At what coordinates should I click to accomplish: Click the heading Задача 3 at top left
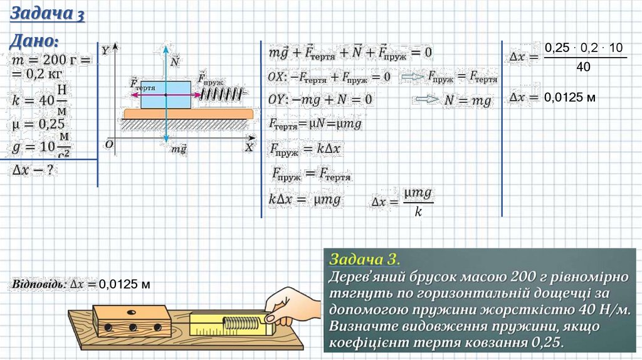tap(48, 14)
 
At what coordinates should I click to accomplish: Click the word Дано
tap(35, 42)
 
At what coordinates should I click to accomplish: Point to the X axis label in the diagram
tap(249, 147)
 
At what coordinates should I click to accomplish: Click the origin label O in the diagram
tap(109, 144)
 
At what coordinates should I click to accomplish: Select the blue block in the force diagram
tap(166, 94)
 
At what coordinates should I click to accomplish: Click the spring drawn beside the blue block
tap(221, 94)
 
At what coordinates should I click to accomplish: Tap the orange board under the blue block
tap(188, 114)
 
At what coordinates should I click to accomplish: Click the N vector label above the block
tap(174, 61)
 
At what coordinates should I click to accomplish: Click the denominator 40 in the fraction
tap(583, 67)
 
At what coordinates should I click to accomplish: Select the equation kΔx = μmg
tap(305, 199)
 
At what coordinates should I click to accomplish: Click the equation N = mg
tap(468, 100)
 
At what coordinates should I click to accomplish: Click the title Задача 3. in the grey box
tap(364, 259)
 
